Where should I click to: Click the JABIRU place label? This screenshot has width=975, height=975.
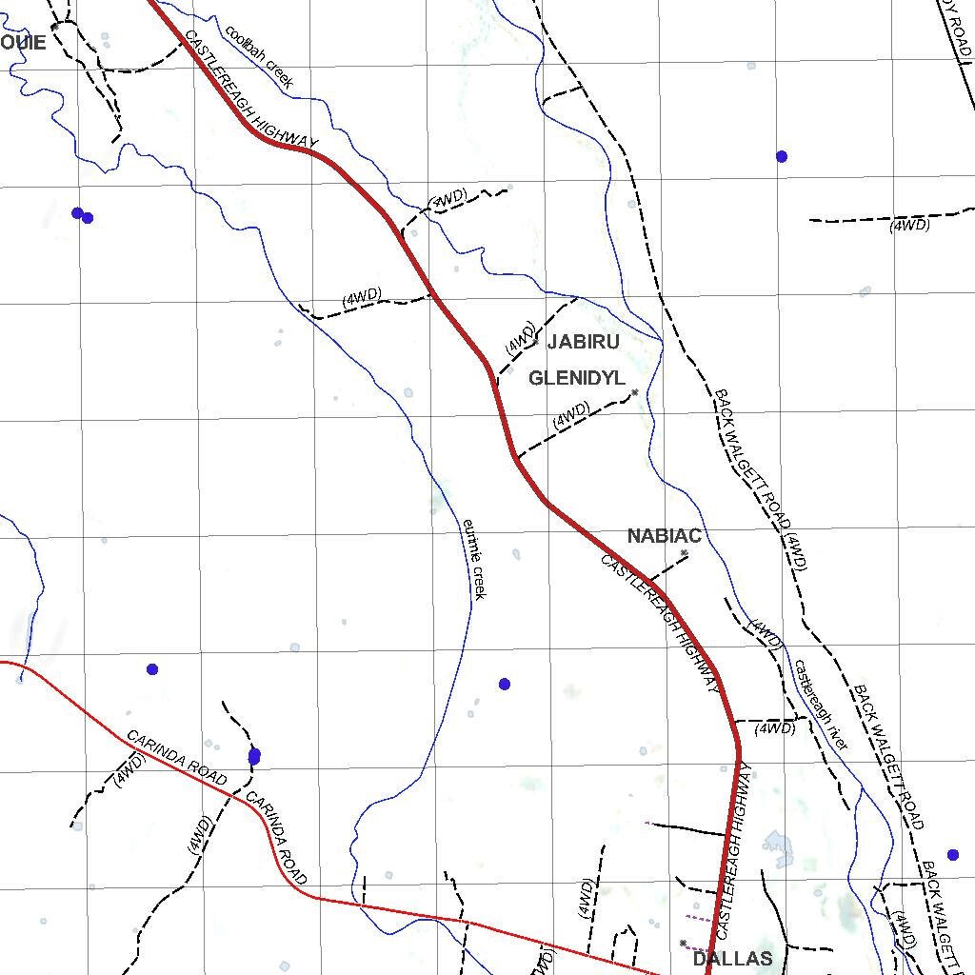(x=583, y=342)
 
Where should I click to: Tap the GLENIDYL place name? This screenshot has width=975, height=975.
(x=577, y=378)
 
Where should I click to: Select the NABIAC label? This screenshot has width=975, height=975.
(x=664, y=536)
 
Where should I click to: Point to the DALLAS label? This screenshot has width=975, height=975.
(x=732, y=959)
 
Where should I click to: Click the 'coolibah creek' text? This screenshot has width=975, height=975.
(x=258, y=56)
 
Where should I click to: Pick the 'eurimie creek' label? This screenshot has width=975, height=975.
(x=474, y=559)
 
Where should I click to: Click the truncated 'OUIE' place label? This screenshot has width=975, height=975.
(x=23, y=43)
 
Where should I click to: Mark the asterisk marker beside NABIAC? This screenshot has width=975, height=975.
(x=685, y=552)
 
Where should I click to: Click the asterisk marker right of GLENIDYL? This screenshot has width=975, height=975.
(x=635, y=392)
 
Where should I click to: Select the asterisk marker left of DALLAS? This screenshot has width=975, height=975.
(x=683, y=944)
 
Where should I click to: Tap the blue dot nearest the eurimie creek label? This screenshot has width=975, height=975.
(x=505, y=684)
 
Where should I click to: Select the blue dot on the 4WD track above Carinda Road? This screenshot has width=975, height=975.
(x=254, y=756)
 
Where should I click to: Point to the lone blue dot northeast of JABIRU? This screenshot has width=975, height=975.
(x=782, y=156)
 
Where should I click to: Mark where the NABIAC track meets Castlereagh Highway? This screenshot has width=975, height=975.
(x=649, y=578)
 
